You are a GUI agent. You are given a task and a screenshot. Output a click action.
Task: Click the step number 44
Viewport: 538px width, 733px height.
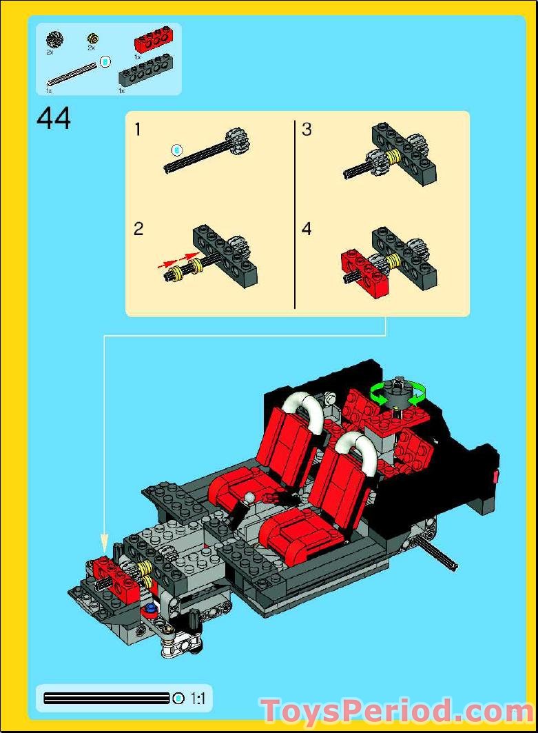click(x=54, y=119)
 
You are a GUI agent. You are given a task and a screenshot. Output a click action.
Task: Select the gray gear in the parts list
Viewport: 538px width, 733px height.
click(x=54, y=39)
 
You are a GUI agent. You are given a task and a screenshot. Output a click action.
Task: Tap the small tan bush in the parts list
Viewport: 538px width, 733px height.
click(x=92, y=39)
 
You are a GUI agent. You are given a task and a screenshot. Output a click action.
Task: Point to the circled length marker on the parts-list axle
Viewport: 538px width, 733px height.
click(x=105, y=62)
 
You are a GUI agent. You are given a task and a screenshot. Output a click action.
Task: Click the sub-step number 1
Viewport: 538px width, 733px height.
click(x=138, y=129)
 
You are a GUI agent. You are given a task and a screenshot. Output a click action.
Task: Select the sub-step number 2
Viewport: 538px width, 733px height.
click(x=138, y=229)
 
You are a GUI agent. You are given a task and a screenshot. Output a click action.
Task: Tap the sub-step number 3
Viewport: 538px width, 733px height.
click(x=307, y=129)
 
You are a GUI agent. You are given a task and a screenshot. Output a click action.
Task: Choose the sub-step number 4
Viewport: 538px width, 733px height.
click(x=307, y=229)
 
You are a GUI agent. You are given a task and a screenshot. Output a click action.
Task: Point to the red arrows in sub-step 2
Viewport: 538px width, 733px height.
click(x=178, y=261)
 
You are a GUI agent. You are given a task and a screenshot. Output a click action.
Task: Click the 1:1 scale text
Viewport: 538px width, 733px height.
click(x=198, y=699)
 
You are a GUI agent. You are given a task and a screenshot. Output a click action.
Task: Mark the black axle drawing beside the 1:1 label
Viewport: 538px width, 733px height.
click(x=106, y=699)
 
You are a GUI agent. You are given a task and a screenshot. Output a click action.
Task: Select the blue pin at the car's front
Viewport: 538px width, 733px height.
click(x=148, y=609)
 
